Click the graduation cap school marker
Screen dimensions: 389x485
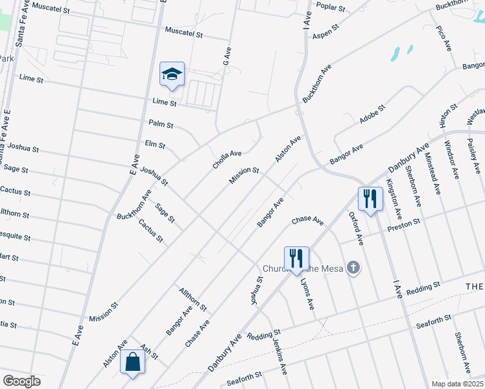[x=172, y=75]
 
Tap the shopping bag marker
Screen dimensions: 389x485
[x=132, y=363]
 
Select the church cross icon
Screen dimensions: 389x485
[x=353, y=267]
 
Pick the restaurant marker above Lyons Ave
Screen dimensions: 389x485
[x=296, y=258]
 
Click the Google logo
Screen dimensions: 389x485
[x=21, y=381]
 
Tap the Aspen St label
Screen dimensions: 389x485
[x=326, y=32]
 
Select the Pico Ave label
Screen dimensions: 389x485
[x=444, y=39]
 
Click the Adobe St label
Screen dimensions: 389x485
[x=372, y=115]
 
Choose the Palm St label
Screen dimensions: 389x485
[x=161, y=124]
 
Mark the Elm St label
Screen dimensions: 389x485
[x=156, y=145]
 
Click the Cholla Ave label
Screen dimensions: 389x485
[x=227, y=159]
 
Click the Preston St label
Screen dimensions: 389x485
[x=404, y=226]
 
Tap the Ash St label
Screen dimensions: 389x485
[x=148, y=353]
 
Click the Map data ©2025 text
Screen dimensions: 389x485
[x=456, y=384]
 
